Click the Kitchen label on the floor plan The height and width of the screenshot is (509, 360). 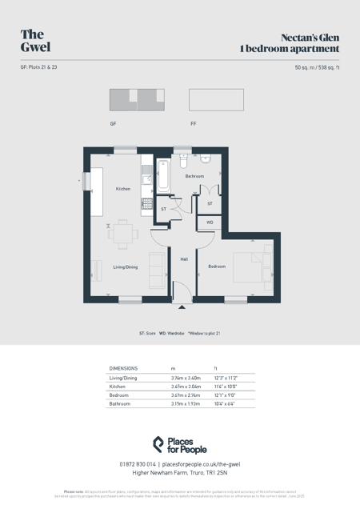click(x=122, y=189)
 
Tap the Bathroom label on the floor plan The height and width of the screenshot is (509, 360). click(x=194, y=176)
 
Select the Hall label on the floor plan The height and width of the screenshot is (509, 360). click(x=184, y=259)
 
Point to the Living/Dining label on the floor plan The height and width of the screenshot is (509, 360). click(x=125, y=267)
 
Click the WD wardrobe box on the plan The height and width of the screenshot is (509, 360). click(x=210, y=222)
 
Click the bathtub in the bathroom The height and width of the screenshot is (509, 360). click(x=163, y=176)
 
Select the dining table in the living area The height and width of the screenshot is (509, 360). click(x=123, y=234)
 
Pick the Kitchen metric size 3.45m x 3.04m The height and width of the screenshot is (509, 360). click(x=186, y=387)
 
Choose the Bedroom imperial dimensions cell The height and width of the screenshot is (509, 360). click(x=226, y=395)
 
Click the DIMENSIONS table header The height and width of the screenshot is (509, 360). click(x=123, y=368)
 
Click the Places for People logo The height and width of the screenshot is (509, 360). click(x=180, y=445)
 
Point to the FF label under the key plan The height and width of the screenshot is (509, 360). click(x=194, y=124)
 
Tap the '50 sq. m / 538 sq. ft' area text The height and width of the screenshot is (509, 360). click(x=317, y=67)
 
